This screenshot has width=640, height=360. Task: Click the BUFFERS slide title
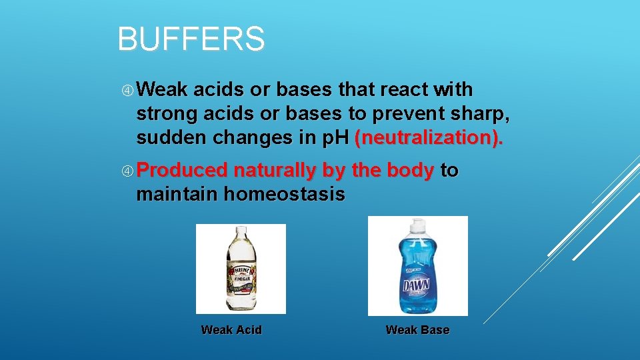coord(191,39)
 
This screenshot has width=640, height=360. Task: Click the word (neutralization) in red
coord(429,138)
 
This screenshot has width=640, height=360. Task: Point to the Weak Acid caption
coord(231,330)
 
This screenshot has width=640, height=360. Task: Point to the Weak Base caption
coord(417,330)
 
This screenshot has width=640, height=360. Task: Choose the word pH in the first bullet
coord(337,138)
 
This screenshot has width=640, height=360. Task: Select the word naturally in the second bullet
coord(275,171)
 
